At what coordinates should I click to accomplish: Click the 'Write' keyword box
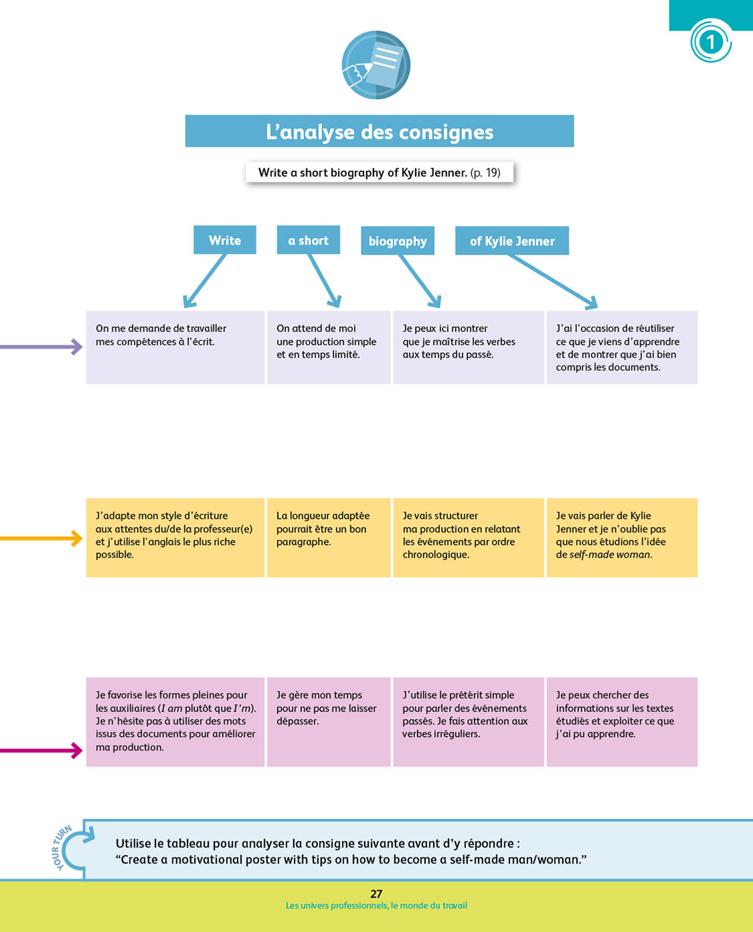point(224,240)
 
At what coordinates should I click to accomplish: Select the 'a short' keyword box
point(308,240)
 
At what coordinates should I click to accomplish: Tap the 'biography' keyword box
point(398,240)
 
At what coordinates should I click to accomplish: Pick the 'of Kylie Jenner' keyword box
point(512,240)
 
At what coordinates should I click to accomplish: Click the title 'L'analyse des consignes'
point(379,131)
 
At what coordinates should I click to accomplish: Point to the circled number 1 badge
point(711,42)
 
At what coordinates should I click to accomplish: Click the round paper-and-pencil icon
point(376,65)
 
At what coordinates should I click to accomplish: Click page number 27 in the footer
point(376,893)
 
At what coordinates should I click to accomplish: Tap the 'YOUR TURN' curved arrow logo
point(71,849)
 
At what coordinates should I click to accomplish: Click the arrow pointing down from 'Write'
point(204,281)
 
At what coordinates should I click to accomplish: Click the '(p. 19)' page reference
point(485,173)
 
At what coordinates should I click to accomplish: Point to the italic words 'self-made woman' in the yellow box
point(610,554)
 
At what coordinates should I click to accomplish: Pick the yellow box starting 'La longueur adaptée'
point(329,537)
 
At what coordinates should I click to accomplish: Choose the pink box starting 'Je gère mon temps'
point(329,721)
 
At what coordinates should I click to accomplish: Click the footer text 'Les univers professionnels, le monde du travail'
point(376,906)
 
